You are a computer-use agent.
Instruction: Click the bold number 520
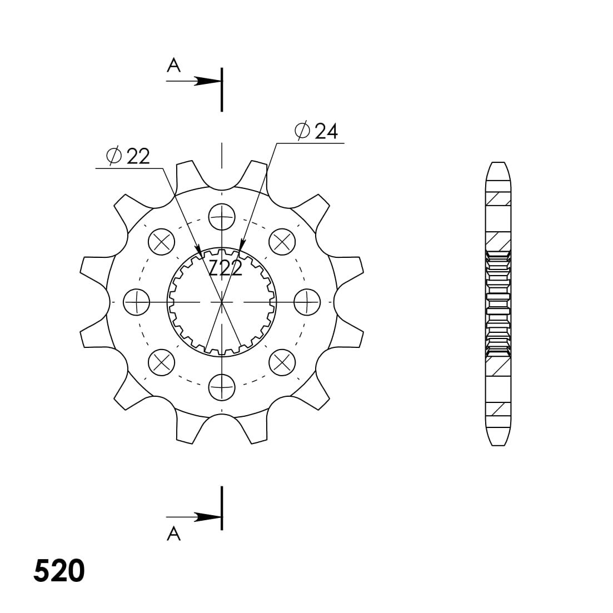[x=59, y=571]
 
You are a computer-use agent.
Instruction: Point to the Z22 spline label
[x=226, y=268]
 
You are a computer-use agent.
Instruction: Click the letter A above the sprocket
[x=174, y=66]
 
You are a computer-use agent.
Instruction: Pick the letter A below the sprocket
[x=174, y=534]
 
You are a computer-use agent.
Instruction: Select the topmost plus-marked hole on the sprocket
[x=222, y=216]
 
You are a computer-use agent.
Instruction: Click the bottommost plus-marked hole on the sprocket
[x=222, y=386]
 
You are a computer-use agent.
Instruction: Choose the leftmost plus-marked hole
[x=136, y=302]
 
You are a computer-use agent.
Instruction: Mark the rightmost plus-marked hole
[x=307, y=302]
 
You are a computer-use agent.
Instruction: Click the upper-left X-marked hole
[x=162, y=241]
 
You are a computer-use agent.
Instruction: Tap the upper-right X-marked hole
[x=282, y=241]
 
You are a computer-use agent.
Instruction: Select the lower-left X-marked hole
[x=162, y=362]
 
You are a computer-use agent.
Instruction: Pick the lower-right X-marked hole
[x=282, y=362]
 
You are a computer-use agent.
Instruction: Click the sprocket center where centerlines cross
[x=222, y=302]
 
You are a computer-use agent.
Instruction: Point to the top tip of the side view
[x=498, y=163]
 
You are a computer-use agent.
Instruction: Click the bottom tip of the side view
[x=498, y=445]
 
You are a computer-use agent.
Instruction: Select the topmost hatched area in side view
[x=498, y=198]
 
